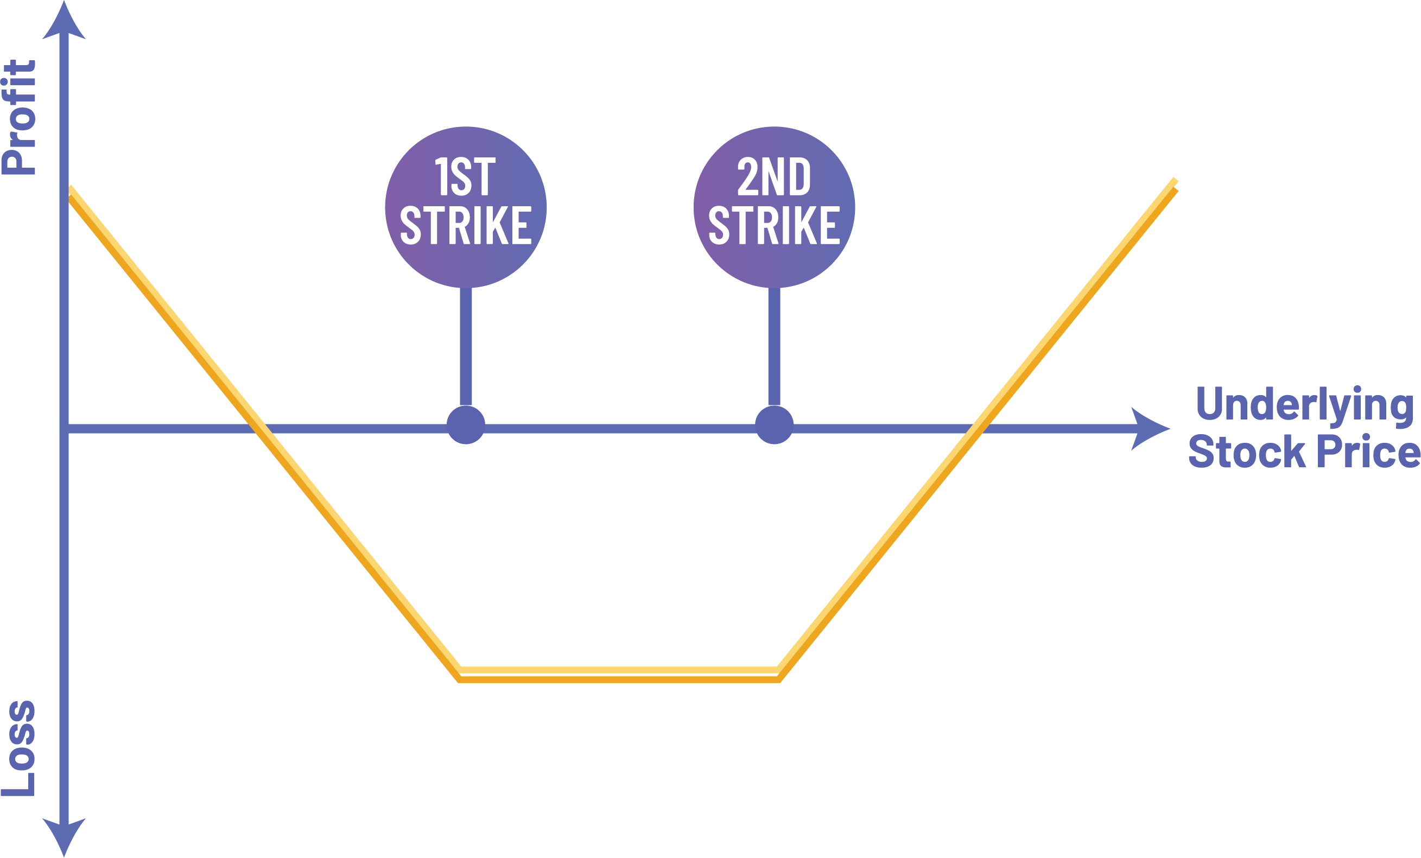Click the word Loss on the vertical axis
coord(20,748)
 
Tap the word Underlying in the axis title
coord(1304,405)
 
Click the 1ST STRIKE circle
coord(465,207)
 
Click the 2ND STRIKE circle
coord(774,207)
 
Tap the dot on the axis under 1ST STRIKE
coord(466,425)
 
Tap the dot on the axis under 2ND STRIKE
coord(774,425)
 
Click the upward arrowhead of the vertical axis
coord(64,23)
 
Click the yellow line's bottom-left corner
coord(460,675)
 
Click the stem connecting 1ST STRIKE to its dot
coord(466,346)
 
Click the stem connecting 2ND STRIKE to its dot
coord(775,346)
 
